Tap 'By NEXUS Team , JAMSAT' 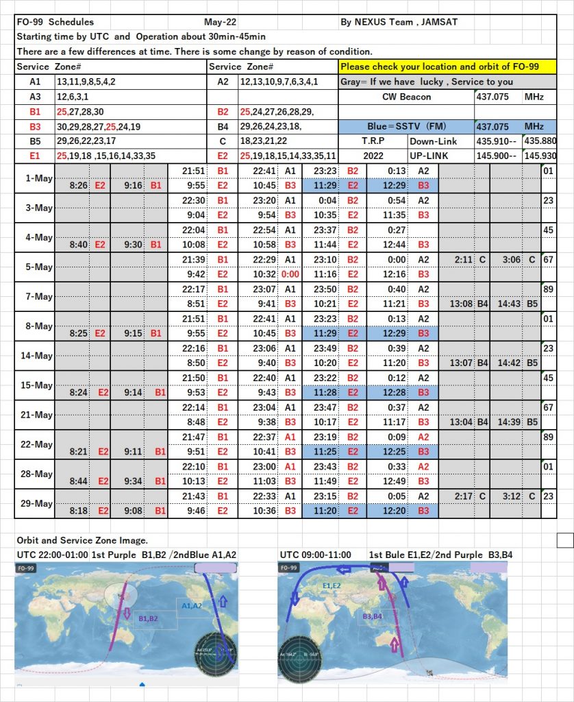coord(399,23)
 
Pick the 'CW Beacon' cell coord(406,97)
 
